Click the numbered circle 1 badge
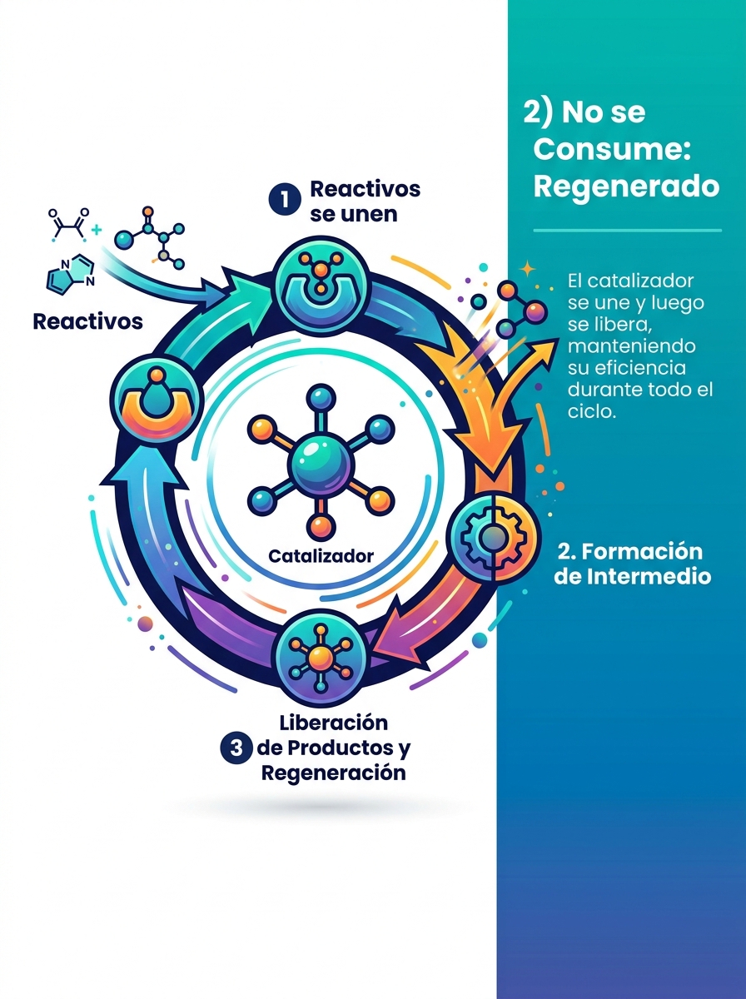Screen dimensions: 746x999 tap(285, 199)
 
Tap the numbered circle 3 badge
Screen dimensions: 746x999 tap(236, 748)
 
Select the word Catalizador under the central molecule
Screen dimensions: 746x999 tap(321, 556)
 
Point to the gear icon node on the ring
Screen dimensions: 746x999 tap(494, 537)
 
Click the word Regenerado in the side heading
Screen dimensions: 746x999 tap(626, 186)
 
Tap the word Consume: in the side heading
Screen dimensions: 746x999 tap(612, 149)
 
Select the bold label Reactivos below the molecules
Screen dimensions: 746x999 tap(88, 322)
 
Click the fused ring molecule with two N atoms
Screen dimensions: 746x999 tap(72, 273)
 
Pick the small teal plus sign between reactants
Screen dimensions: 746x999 tap(96, 230)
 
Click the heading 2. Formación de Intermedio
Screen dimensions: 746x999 tap(632, 564)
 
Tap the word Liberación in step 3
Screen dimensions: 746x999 tap(333, 723)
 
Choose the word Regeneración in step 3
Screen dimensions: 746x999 tap(334, 773)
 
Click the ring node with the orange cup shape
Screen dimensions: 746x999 tap(157, 400)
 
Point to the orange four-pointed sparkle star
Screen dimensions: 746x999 tap(528, 269)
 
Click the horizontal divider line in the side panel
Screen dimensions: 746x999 tap(627, 231)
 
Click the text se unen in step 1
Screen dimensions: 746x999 tap(354, 214)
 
